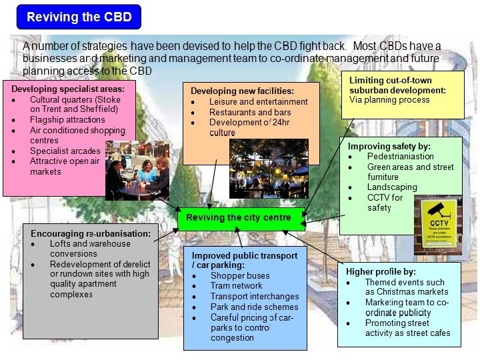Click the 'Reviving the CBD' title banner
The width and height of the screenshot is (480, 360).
coord(79,17)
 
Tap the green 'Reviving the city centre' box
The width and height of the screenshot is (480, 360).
coord(238,218)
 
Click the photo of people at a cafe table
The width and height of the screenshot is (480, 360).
coord(137,171)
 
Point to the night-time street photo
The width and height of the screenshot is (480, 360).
coord(269,169)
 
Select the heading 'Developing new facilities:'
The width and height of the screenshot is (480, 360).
coord(242,91)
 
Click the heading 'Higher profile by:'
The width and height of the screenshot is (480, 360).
coord(381,271)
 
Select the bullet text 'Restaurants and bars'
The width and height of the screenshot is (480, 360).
coord(250,113)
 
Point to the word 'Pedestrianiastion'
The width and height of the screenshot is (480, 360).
coord(400,156)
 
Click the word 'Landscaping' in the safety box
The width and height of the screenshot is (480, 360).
coord(391,187)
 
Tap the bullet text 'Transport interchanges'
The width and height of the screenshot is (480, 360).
coord(255,297)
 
